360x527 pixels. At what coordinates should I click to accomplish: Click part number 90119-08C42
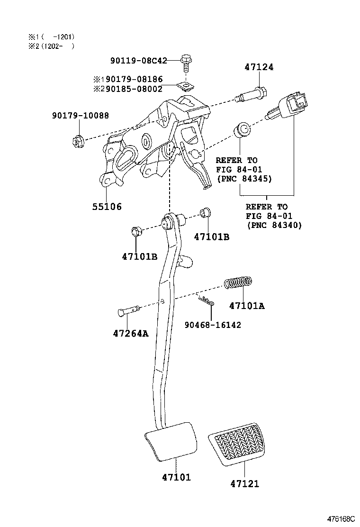pyautogui.click(x=138, y=61)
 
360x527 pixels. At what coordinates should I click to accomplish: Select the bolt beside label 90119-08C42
pyautogui.click(x=186, y=62)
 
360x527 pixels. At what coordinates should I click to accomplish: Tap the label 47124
pyautogui.click(x=259, y=68)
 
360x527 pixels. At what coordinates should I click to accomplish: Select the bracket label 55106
pyautogui.click(x=107, y=207)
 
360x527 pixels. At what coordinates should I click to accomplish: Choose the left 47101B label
pyautogui.click(x=139, y=256)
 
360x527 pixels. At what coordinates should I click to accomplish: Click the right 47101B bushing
pyautogui.click(x=205, y=213)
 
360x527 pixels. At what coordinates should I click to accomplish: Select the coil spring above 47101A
pyautogui.click(x=238, y=282)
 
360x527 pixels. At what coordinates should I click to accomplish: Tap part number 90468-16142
pyautogui.click(x=212, y=325)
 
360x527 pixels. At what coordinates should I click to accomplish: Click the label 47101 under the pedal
pyautogui.click(x=176, y=478)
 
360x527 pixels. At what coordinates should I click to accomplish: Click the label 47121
pyautogui.click(x=245, y=484)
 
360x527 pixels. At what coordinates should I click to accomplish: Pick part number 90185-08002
pyautogui.click(x=134, y=89)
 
